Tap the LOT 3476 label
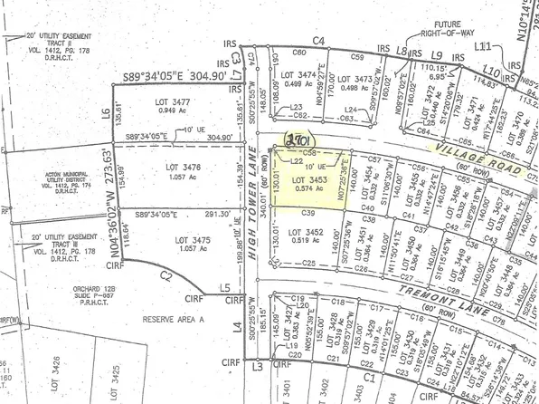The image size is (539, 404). tap(185, 167)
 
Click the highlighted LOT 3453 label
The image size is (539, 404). tap(308, 179)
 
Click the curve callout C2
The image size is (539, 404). tap(165, 274)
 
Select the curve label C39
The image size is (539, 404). tap(307, 213)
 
